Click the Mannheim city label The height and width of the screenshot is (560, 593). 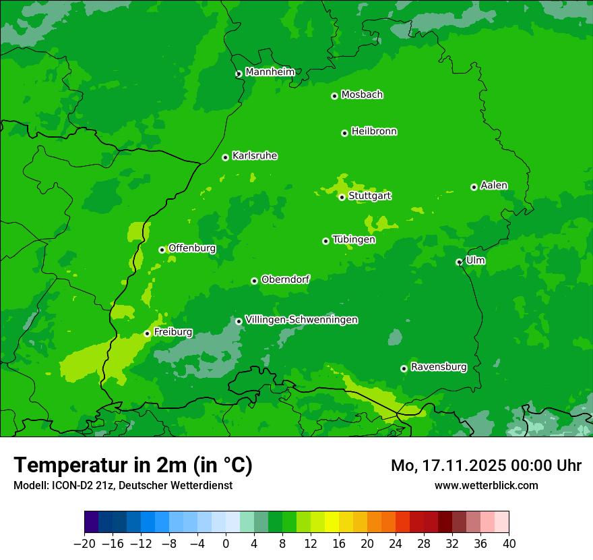(270, 72)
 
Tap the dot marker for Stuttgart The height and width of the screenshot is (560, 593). (342, 197)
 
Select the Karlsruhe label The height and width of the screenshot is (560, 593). (254, 156)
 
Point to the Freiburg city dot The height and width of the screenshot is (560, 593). (147, 333)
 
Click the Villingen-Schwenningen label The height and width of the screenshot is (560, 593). (301, 320)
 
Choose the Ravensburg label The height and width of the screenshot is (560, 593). (438, 367)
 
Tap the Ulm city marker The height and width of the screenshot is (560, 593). (459, 262)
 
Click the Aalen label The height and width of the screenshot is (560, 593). (494, 186)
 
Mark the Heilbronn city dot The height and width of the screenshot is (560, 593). (344, 133)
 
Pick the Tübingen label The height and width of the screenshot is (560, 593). (354, 240)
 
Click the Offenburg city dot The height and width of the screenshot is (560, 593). (162, 250)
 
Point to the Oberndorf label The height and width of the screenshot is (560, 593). (285, 279)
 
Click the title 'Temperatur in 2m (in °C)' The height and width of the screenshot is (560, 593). (133, 465)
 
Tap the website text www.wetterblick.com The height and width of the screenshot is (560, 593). (486, 485)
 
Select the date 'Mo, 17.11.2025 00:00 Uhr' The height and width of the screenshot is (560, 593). (486, 466)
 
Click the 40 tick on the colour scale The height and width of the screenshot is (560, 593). (509, 544)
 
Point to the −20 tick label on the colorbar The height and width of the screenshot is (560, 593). (84, 544)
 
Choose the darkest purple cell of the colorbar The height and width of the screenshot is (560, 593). (92, 522)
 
